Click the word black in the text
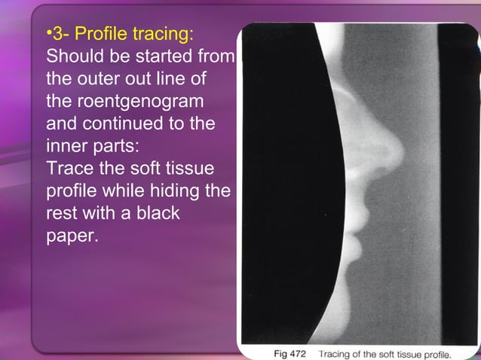pos(155,213)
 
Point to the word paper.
pos(72,235)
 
